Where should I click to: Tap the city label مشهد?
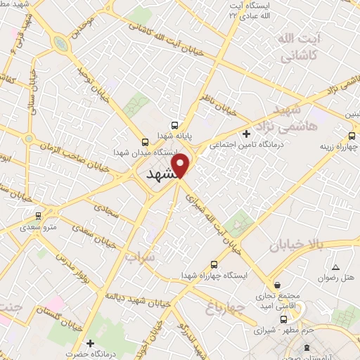pyautogui.click(x=161, y=176)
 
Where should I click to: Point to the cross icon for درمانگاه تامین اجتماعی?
pyautogui.click(x=245, y=134)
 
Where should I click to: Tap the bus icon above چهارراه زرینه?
pyautogui.click(x=352, y=136)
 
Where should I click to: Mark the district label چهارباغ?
pyautogui.click(x=224, y=307)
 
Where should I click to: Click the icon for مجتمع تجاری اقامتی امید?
pyautogui.click(x=280, y=285)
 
